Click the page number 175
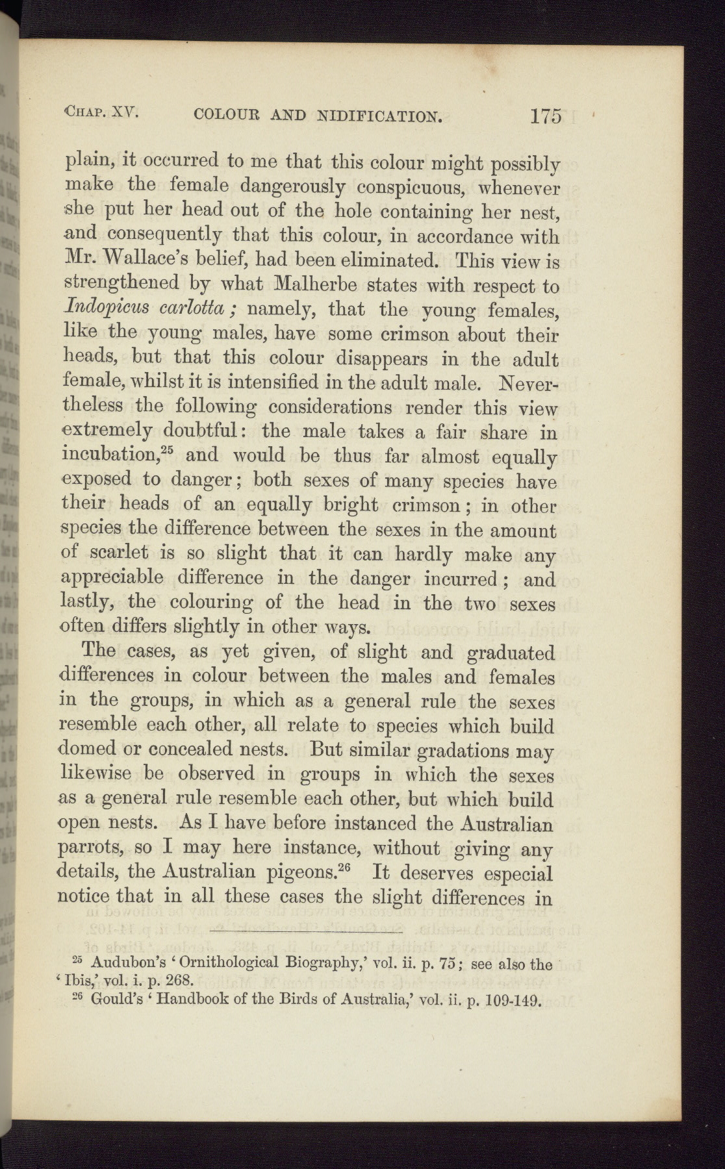tap(545, 116)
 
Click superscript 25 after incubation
tap(169, 451)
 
